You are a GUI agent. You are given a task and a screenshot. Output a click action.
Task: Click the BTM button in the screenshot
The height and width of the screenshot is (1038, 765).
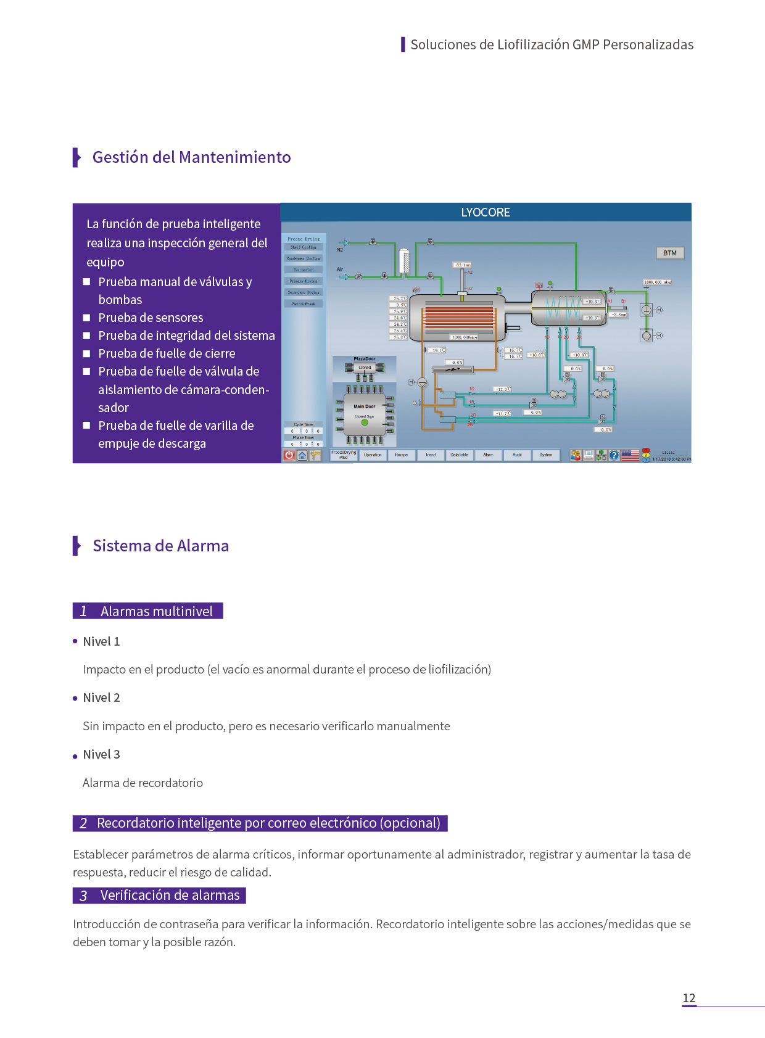(669, 253)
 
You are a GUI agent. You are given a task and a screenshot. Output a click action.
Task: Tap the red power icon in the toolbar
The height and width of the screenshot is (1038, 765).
(289, 455)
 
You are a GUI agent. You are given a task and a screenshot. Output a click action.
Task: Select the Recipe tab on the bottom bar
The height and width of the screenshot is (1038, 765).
(401, 455)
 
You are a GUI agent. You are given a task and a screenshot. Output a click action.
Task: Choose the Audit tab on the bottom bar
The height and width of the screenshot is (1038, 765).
(517, 455)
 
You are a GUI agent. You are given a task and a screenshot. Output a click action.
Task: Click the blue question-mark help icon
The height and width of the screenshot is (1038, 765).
(614, 455)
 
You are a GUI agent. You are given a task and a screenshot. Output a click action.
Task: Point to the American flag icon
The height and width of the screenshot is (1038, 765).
(630, 455)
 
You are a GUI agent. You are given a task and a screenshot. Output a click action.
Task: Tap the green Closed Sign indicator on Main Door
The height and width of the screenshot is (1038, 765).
(365, 422)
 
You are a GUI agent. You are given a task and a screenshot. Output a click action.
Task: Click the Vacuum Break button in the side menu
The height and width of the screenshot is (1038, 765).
(304, 303)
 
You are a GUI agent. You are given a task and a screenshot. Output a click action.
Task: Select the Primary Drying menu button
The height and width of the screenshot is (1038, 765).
(304, 281)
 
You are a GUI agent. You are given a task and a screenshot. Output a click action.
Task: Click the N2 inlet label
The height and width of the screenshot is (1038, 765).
(340, 250)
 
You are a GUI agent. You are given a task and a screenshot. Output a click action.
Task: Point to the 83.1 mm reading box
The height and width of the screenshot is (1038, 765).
(463, 265)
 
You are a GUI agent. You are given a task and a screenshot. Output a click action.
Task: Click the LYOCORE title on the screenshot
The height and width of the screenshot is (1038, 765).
(486, 212)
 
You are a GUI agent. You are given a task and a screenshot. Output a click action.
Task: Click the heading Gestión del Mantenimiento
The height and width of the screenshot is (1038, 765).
(191, 157)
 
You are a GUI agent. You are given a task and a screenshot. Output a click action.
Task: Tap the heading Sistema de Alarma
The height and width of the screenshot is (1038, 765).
(160, 546)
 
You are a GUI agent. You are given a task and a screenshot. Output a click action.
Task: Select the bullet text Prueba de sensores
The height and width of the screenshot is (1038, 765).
(151, 318)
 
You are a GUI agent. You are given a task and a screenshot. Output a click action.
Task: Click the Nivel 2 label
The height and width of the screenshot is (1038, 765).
(101, 698)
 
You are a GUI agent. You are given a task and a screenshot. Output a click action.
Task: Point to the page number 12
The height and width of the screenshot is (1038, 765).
(689, 998)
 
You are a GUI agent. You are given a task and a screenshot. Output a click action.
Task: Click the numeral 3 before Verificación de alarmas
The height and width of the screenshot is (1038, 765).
(83, 896)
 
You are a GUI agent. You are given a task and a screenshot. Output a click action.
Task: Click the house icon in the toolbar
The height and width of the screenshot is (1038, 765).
(302, 455)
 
